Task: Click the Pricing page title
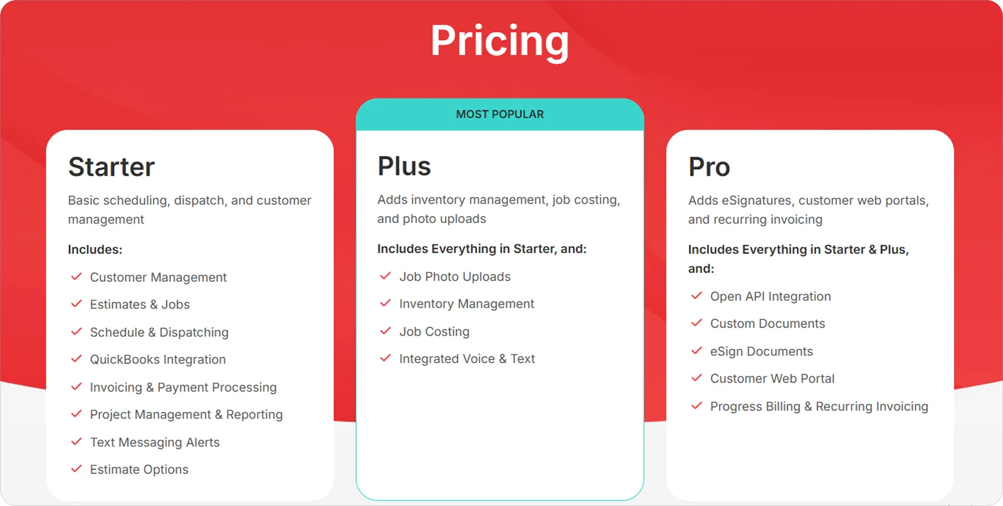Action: [x=500, y=41]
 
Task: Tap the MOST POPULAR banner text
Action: [x=500, y=115]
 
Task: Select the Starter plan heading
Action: [x=112, y=167]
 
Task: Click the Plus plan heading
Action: [x=404, y=167]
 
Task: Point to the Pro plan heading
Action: [x=709, y=167]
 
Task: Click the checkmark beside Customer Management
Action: [x=76, y=277]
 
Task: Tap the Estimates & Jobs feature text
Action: [x=140, y=305]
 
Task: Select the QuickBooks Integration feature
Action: [x=158, y=359]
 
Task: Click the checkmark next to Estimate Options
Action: [x=76, y=469]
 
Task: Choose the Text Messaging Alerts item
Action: [x=155, y=442]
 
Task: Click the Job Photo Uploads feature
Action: [x=455, y=277]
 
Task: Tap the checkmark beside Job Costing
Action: [x=386, y=331]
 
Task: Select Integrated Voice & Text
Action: [x=467, y=359]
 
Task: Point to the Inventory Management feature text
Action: [x=466, y=304]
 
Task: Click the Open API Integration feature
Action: [x=770, y=297]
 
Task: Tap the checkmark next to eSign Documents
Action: [x=696, y=351]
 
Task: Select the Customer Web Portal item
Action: [x=772, y=379]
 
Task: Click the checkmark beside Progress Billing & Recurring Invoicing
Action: [x=696, y=406]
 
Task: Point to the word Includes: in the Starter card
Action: [x=95, y=249]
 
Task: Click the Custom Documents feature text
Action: [x=767, y=324]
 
